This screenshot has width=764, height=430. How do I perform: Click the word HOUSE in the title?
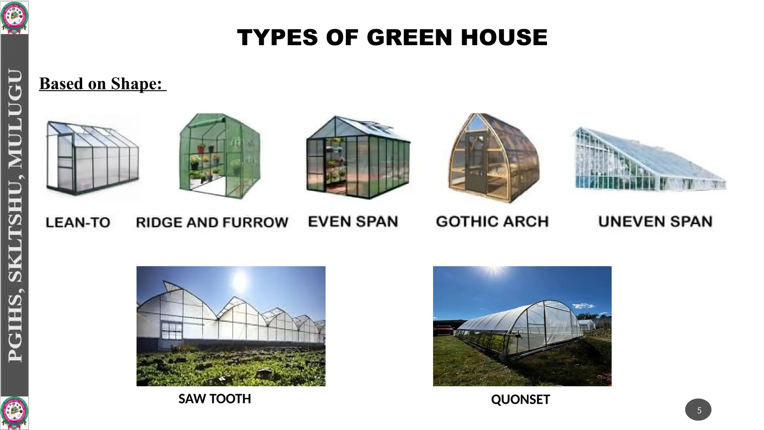[504, 37]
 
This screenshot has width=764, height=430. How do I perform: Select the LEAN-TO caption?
[78, 222]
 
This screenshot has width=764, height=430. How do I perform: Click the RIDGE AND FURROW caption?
[212, 222]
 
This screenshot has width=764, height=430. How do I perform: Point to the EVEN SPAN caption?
[353, 222]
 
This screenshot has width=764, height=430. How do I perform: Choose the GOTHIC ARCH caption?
[492, 222]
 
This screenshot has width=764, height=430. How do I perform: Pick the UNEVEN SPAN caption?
[655, 222]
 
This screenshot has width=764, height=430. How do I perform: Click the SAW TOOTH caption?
[215, 399]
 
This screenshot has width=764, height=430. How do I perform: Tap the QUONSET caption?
[520, 399]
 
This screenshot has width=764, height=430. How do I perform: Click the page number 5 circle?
[698, 410]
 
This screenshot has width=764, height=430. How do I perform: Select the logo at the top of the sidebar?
[14, 17]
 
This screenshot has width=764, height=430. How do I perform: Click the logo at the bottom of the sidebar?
[14, 412]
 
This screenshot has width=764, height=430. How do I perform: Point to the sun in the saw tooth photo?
[240, 281]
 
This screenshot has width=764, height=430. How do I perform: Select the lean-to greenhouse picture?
[92, 158]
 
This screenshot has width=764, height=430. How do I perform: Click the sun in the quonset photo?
[494, 269]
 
